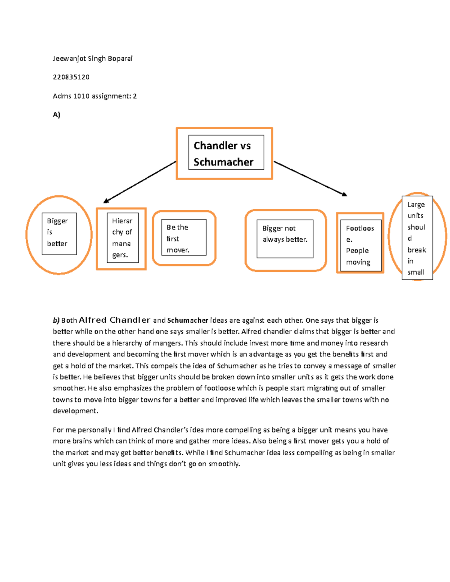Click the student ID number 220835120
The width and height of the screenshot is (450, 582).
(x=71, y=77)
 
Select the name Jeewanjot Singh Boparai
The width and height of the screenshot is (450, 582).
(x=92, y=58)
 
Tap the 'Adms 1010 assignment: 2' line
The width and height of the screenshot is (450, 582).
(x=94, y=96)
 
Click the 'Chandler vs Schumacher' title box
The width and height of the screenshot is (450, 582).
(x=226, y=153)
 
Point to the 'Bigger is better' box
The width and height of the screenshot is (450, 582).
(x=59, y=234)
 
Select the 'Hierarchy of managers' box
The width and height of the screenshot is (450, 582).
(x=122, y=238)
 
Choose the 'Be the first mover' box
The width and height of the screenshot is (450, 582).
(x=184, y=238)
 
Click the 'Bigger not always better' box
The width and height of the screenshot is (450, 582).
(x=285, y=239)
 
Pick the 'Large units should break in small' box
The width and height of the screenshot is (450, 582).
(x=417, y=238)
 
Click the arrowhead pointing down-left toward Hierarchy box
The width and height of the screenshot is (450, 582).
(x=106, y=201)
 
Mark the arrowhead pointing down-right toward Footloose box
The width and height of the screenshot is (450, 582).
(x=344, y=194)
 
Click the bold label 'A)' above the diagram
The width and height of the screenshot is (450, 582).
(x=56, y=115)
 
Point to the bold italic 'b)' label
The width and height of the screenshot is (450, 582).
(x=56, y=320)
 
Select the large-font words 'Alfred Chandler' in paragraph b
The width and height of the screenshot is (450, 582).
(x=114, y=320)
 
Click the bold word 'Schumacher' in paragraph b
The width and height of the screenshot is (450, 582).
(x=187, y=320)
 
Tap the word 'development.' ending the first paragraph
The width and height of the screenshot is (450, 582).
(x=75, y=411)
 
